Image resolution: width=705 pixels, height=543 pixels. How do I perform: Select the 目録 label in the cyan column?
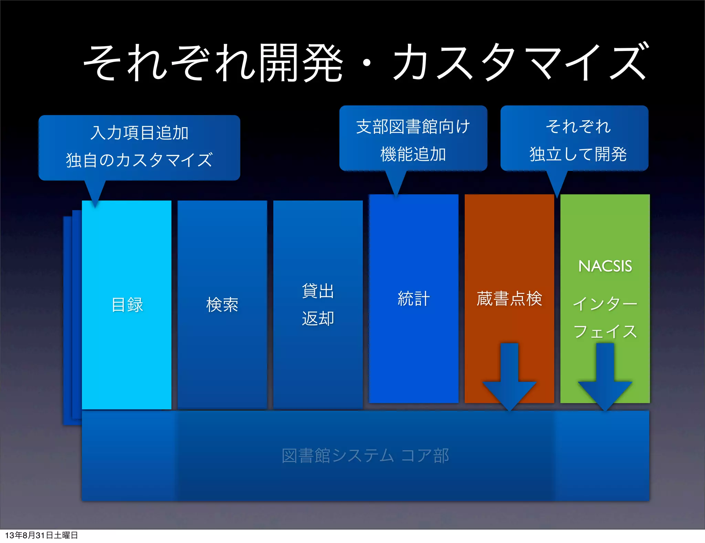click(127, 305)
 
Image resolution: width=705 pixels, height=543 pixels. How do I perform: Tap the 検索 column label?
click(222, 305)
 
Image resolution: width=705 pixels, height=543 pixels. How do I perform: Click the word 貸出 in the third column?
click(318, 291)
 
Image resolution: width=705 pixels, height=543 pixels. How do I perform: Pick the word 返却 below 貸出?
click(318, 318)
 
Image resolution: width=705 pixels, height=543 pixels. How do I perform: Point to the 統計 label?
click(413, 298)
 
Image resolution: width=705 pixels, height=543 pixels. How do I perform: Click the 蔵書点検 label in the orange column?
click(509, 298)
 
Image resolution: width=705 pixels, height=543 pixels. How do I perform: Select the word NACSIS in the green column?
click(605, 266)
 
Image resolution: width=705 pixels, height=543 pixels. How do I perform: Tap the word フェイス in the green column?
click(605, 331)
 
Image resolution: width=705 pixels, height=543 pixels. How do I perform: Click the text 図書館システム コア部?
click(365, 455)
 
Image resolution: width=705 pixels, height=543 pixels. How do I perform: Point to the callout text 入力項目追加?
click(139, 133)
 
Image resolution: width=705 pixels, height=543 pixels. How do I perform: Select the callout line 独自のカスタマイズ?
click(139, 160)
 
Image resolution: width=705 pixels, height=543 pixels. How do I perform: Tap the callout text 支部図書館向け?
click(413, 126)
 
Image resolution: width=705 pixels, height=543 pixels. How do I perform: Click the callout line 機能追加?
click(413, 154)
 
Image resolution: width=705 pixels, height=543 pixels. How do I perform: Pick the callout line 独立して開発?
click(578, 154)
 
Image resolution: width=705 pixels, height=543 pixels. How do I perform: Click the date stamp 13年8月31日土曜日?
click(41, 535)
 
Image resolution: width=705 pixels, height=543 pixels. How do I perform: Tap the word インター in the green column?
click(605, 304)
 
